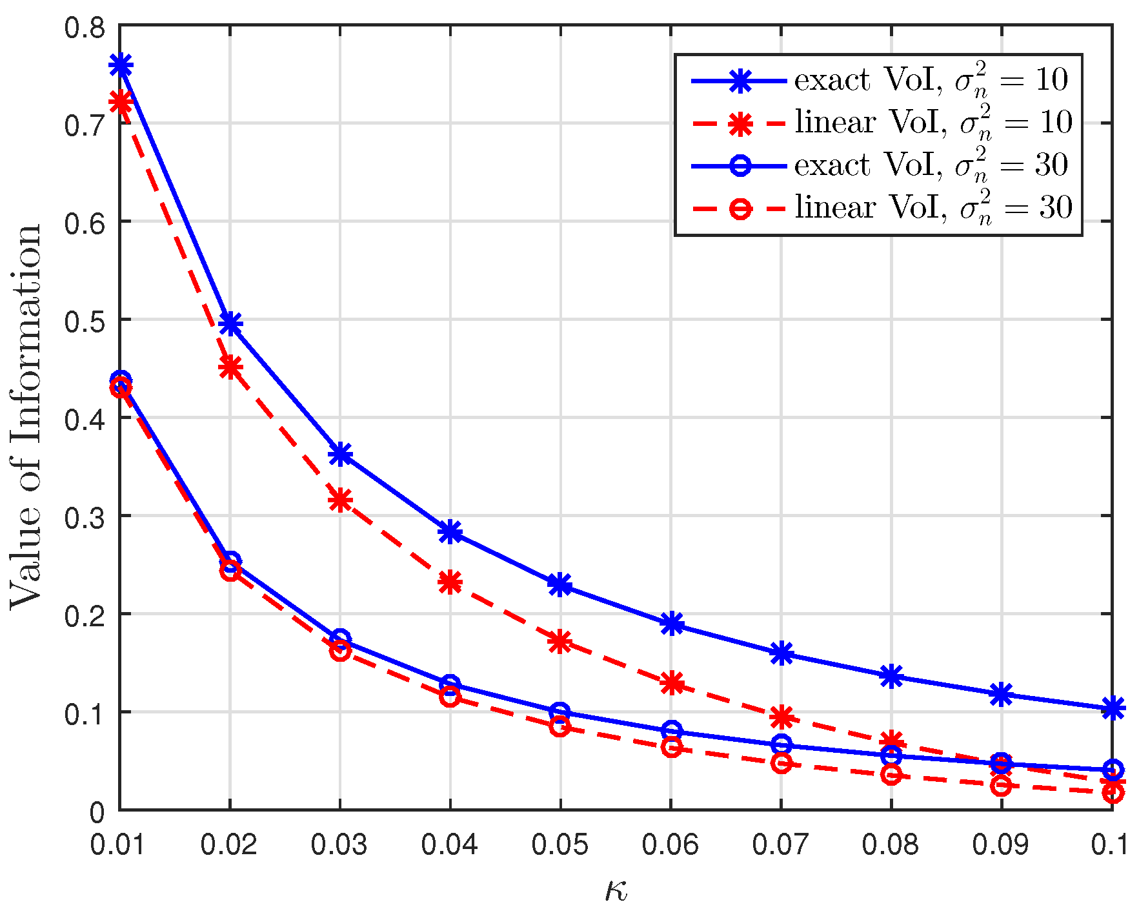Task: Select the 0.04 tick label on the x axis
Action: point(450,844)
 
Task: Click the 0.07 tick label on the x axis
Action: point(781,844)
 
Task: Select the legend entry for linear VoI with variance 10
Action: point(878,123)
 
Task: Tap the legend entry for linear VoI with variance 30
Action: point(878,208)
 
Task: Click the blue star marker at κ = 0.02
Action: point(230,323)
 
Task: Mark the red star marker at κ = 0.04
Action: point(450,582)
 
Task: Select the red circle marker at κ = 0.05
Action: point(560,727)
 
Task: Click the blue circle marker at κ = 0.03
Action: point(340,639)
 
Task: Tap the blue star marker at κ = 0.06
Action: point(671,624)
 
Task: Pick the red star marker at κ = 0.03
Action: point(340,500)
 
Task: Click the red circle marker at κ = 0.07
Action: point(781,763)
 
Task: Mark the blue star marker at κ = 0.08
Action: point(891,677)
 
